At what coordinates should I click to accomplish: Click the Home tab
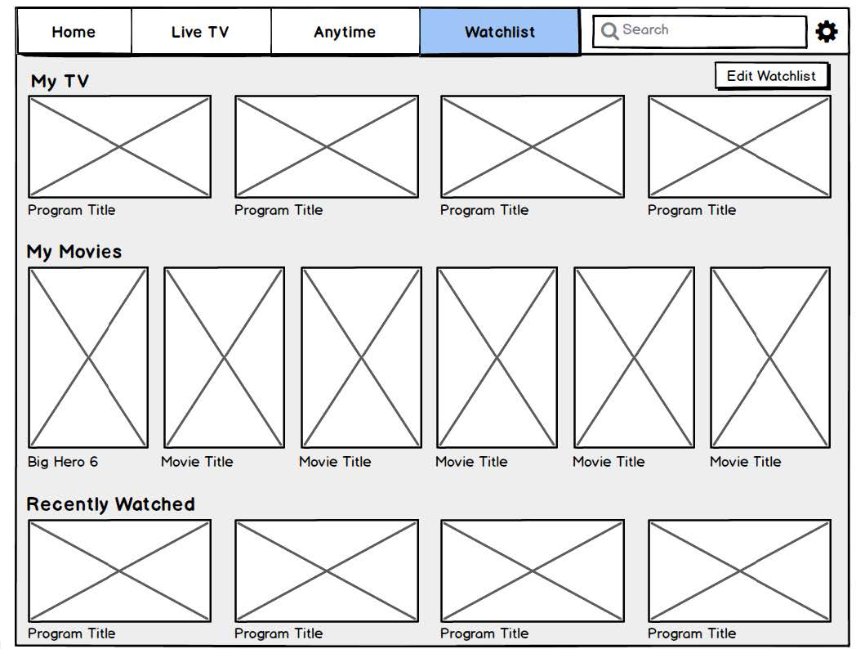[x=74, y=31]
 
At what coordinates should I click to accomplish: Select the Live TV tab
[x=201, y=31]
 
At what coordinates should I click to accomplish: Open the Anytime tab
[x=345, y=31]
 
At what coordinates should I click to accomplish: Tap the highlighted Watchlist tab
[x=500, y=31]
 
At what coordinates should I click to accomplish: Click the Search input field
[x=699, y=31]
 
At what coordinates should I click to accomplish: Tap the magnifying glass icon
[x=609, y=31]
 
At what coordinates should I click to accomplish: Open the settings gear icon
[x=827, y=31]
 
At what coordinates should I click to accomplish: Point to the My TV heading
[x=60, y=82]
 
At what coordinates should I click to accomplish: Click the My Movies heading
[x=74, y=253]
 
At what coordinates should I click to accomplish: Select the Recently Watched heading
[x=110, y=504]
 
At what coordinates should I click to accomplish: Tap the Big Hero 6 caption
[x=63, y=462]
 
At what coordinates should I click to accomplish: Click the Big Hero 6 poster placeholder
[x=88, y=358]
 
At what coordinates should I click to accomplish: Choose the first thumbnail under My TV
[x=120, y=147]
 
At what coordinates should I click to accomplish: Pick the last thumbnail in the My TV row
[x=740, y=147]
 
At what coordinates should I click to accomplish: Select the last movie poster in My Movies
[x=770, y=358]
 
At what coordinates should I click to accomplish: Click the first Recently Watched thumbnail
[x=120, y=571]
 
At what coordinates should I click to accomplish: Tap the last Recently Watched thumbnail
[x=740, y=571]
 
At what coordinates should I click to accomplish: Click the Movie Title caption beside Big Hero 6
[x=197, y=462]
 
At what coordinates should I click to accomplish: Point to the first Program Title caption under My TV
[x=72, y=210]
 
